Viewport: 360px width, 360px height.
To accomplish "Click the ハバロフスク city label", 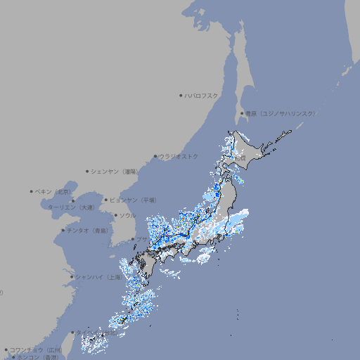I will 202,95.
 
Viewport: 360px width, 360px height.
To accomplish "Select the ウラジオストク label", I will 179,156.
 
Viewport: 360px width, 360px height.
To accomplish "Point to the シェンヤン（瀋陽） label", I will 116,171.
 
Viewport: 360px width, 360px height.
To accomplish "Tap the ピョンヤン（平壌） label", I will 134,200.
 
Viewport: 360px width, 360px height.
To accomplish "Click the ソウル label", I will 127,215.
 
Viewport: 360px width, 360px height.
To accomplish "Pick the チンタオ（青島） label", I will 87,230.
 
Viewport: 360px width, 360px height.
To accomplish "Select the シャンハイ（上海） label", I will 98,277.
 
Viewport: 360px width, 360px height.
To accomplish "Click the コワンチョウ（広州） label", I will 36,349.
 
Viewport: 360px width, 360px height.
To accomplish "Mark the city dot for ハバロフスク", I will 181,95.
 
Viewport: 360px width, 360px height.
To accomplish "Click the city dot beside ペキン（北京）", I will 32,191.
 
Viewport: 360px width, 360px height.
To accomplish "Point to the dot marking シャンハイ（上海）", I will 72,277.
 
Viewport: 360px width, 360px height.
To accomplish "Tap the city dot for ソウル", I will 115,215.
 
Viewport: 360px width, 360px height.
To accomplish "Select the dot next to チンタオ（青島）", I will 63,230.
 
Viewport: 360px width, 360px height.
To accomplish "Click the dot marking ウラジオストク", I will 155,156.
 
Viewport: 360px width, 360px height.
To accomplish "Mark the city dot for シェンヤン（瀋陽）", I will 87,171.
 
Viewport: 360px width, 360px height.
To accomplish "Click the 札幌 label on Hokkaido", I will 240,158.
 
